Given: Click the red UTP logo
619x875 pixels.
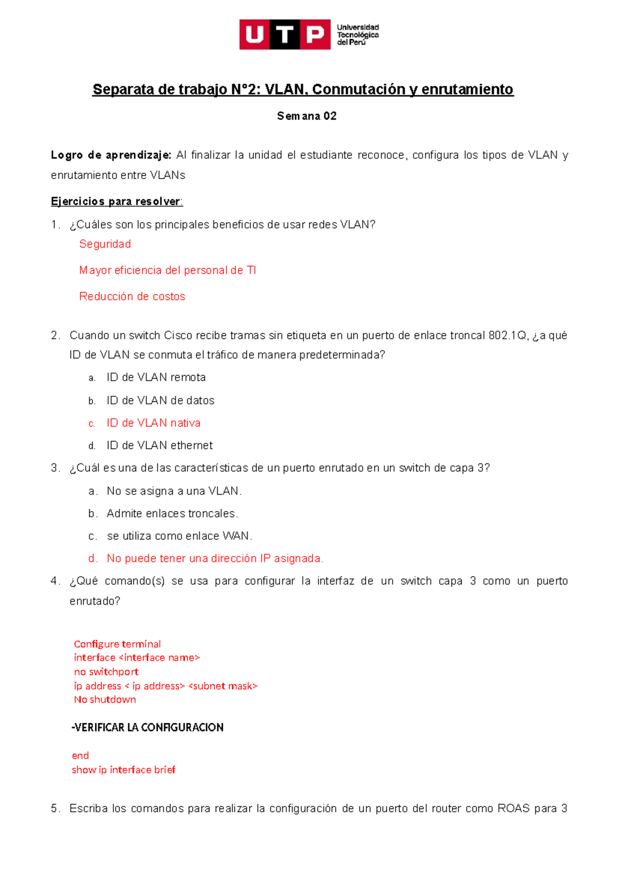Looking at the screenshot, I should [x=285, y=35].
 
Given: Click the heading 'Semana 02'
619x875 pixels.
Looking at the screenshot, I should [x=306, y=116].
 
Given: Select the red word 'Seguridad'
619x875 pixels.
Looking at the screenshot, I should [x=105, y=244].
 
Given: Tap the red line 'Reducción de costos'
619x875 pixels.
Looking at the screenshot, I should [x=132, y=297].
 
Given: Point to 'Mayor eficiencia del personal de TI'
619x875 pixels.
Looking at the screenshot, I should [x=167, y=270].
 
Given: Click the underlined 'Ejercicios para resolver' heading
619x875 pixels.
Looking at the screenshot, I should [x=116, y=201].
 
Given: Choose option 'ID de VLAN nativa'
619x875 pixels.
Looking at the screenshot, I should [x=153, y=423].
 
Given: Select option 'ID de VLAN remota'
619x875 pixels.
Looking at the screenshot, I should [x=156, y=378].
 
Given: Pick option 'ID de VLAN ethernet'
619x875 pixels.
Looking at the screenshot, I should [x=159, y=445].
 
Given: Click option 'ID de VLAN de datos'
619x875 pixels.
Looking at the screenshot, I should [x=160, y=400].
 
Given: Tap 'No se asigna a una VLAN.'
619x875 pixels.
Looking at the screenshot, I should [x=174, y=491].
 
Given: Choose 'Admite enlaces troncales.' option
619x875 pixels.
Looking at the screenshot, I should [x=172, y=513].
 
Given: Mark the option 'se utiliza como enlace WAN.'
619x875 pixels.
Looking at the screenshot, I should [x=179, y=536].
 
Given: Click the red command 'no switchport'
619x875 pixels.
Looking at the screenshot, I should [x=106, y=672].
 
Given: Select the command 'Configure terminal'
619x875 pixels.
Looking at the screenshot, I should [x=117, y=644].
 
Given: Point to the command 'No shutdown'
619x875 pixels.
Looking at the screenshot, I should [x=105, y=700].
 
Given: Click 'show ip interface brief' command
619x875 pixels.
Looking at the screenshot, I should [x=123, y=770].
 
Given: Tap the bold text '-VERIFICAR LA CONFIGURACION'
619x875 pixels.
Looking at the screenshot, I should [x=148, y=727].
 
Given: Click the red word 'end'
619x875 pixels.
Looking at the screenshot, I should [x=80, y=756].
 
